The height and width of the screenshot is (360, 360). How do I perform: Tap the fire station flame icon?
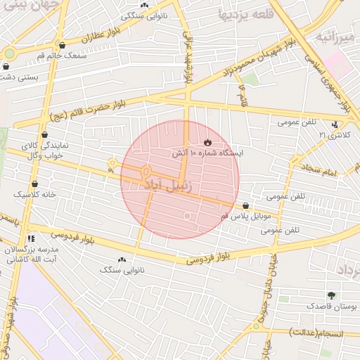pos(207,142)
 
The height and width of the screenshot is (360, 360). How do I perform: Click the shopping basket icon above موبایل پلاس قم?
pos(245,205)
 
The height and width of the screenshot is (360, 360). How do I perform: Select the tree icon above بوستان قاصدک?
pos(331,295)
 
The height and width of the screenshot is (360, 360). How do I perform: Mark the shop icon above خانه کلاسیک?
pos(34,184)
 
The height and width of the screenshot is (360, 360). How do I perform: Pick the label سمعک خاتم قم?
pos(64,55)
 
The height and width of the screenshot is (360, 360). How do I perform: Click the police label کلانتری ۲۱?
pos(333,134)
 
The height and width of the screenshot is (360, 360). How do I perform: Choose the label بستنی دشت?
pos(19,76)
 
